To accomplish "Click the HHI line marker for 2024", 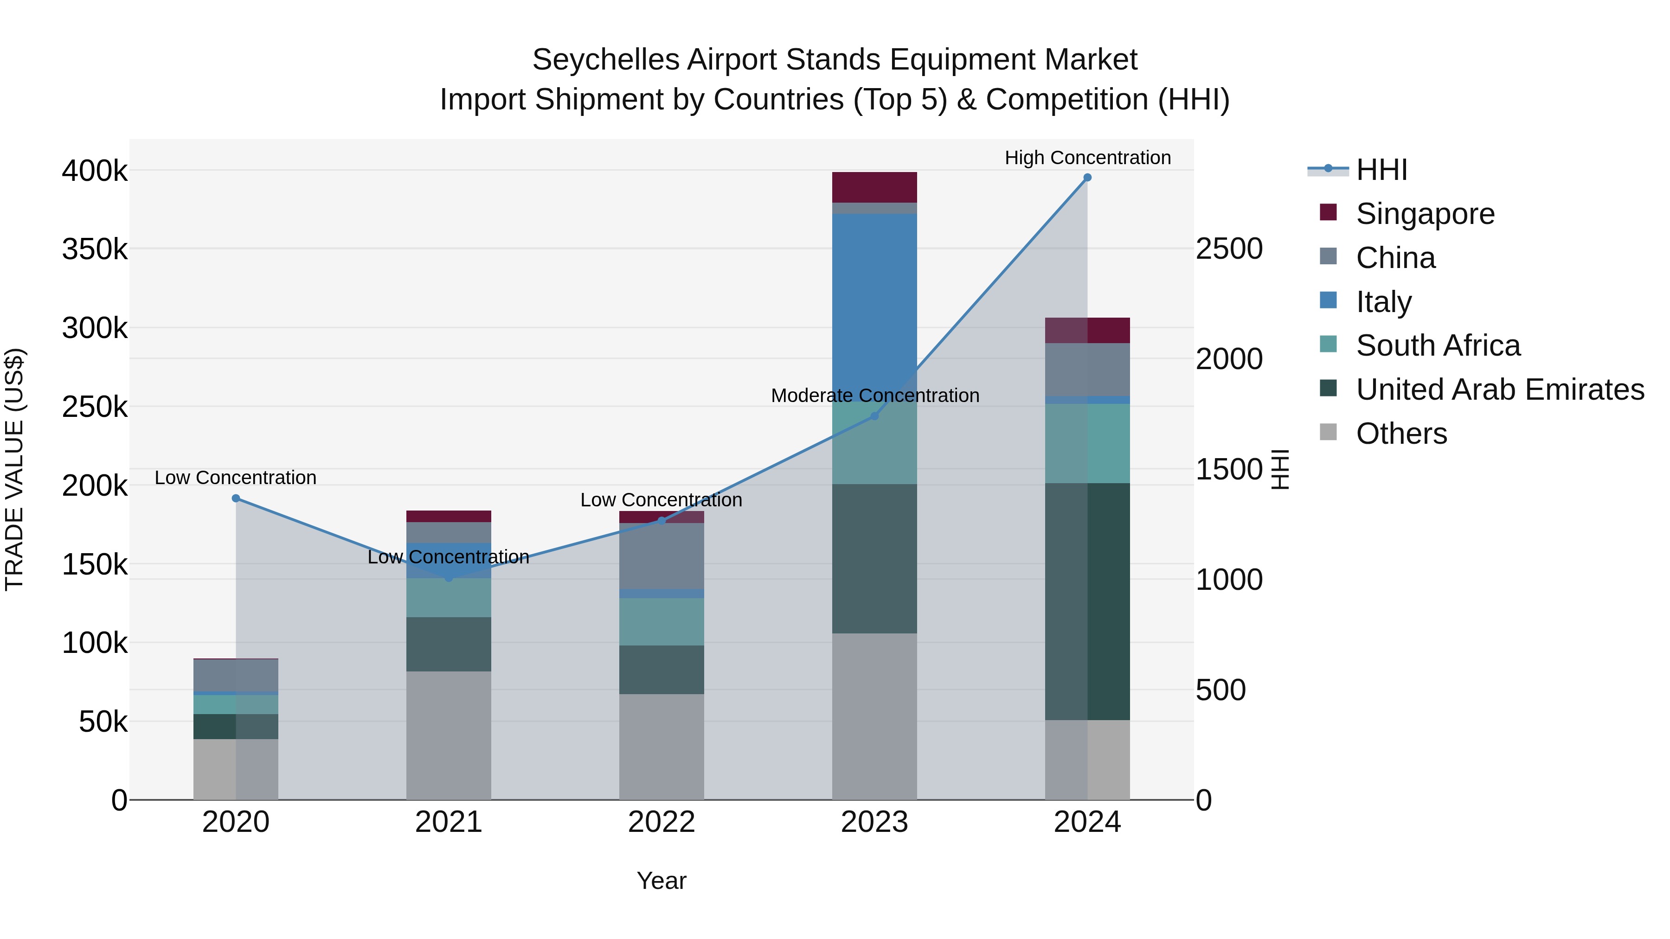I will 1087,178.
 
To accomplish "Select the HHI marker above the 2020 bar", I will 236,498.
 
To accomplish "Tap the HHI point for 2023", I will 874,416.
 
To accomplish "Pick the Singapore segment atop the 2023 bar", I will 874,187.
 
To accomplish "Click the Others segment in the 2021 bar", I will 449,735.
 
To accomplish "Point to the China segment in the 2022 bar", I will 661,556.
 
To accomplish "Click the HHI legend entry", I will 1381,170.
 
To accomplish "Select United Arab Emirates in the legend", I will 1499,390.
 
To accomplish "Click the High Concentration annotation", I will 1087,158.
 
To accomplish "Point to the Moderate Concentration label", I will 874,395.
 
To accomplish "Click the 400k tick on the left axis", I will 95,171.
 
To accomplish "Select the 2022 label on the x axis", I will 661,822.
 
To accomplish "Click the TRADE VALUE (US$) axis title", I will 14,469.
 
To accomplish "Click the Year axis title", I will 661,881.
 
